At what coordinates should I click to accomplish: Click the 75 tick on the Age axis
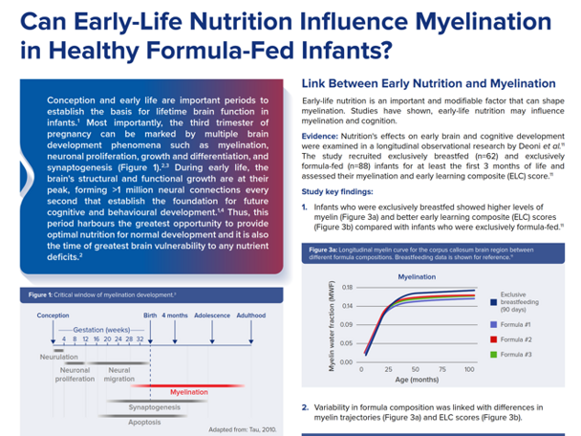(445, 368)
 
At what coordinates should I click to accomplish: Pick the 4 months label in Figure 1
(175, 315)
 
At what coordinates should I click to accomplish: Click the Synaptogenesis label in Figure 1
(156, 405)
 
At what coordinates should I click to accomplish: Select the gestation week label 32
(140, 339)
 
